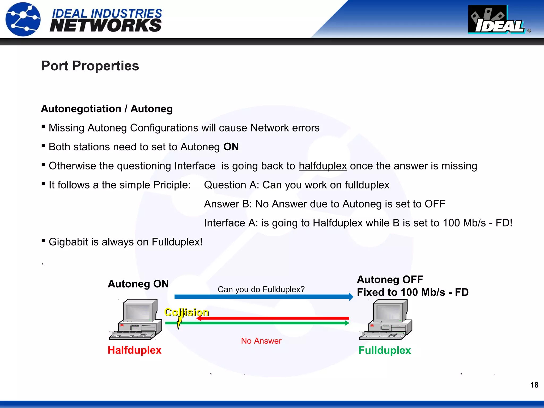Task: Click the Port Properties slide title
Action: (x=90, y=66)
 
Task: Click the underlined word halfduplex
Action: (x=323, y=166)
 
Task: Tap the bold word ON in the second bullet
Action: (x=231, y=147)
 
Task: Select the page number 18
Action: (x=534, y=385)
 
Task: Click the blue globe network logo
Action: (x=23, y=19)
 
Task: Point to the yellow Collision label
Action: (x=186, y=312)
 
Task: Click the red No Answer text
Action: (x=261, y=341)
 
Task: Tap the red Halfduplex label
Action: (x=134, y=350)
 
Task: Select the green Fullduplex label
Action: (x=384, y=350)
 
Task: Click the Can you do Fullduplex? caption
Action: (x=261, y=289)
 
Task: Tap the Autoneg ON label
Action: (x=138, y=284)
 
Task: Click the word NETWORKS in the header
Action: (x=105, y=26)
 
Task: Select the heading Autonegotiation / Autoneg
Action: (x=107, y=109)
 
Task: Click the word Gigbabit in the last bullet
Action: (x=68, y=242)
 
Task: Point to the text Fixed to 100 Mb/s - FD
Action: (x=413, y=292)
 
